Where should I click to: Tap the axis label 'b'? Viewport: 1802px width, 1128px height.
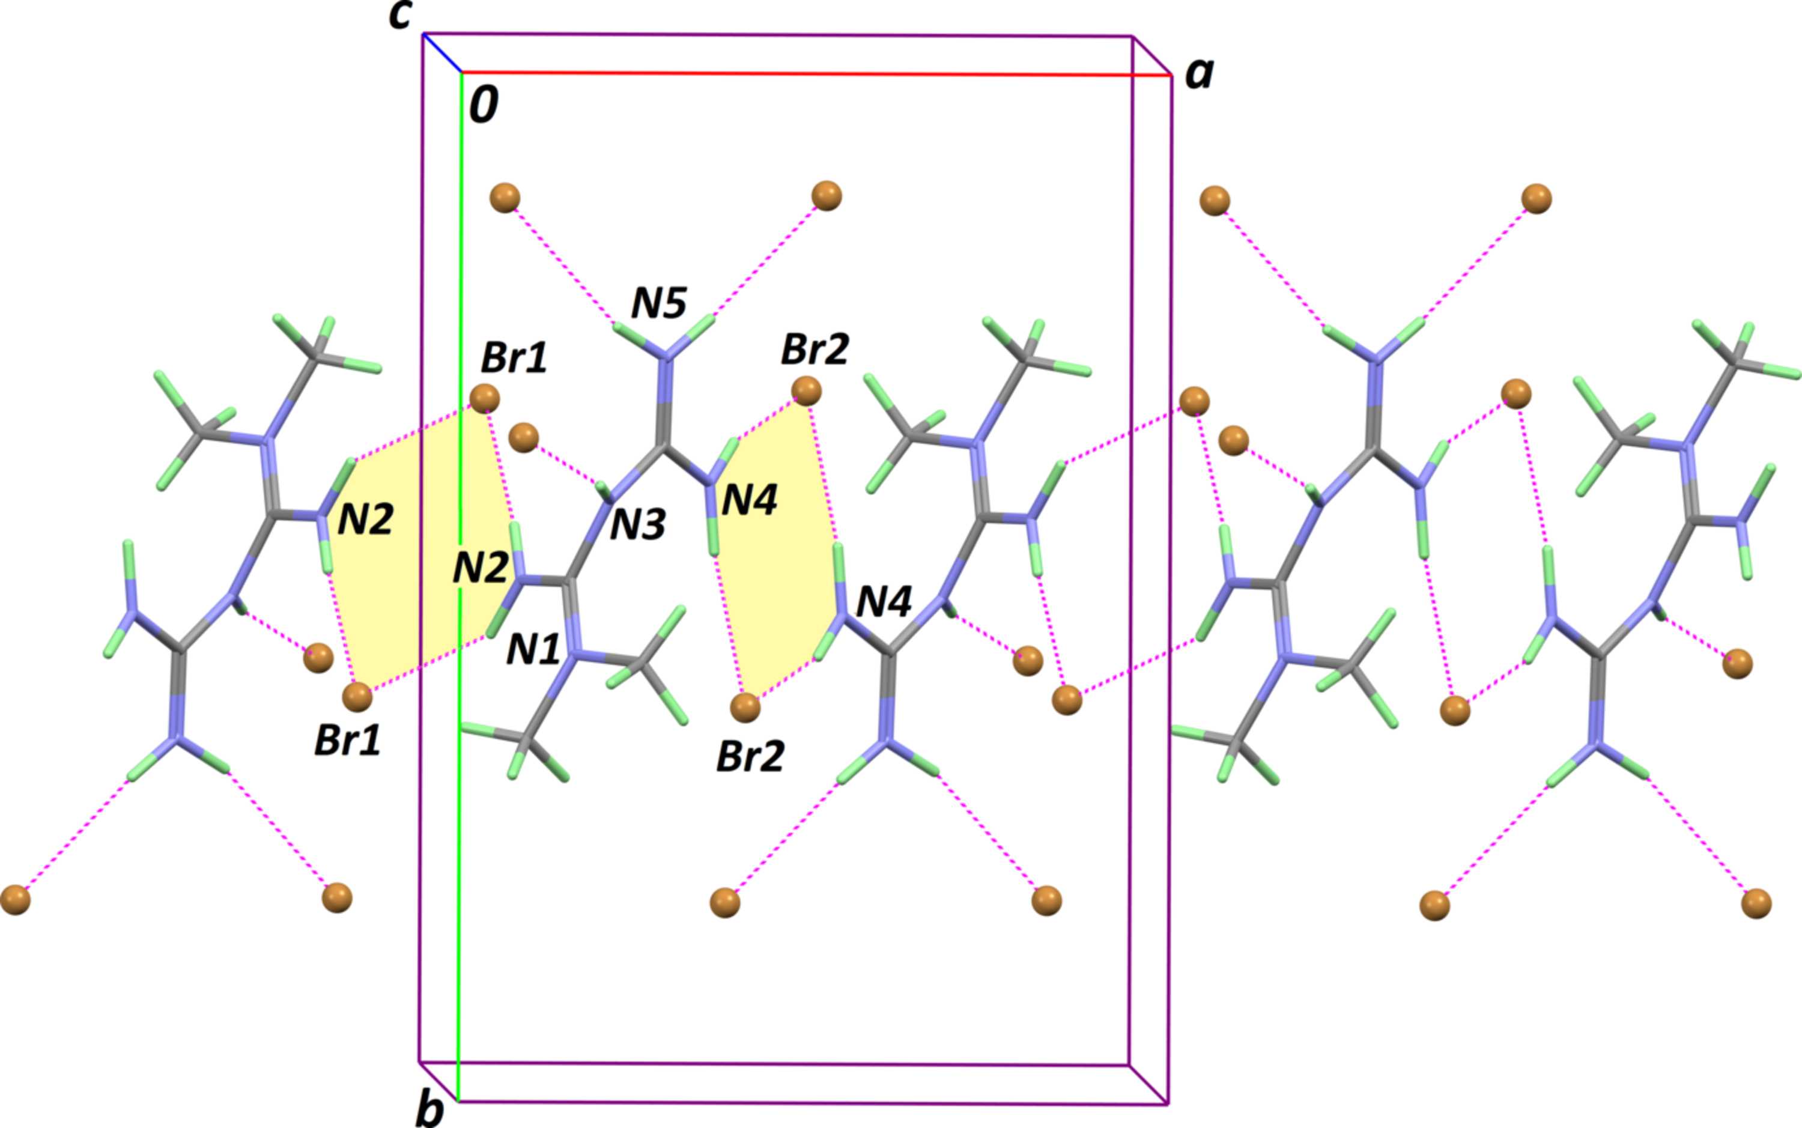(x=430, y=1110)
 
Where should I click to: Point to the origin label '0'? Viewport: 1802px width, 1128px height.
(x=484, y=105)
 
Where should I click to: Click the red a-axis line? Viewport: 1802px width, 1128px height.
(x=815, y=74)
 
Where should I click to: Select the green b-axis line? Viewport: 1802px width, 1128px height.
(x=460, y=586)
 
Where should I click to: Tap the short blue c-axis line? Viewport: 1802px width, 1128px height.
(x=441, y=53)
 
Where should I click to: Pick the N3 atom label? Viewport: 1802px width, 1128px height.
(x=638, y=526)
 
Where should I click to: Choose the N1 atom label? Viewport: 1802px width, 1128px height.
(x=533, y=650)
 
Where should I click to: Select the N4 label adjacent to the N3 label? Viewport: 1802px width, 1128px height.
(x=750, y=500)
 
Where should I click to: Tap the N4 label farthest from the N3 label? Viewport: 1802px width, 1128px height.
(x=884, y=601)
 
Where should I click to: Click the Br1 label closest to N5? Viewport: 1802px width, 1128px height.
(x=514, y=358)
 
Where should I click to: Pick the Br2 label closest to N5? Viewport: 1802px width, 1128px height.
(x=815, y=349)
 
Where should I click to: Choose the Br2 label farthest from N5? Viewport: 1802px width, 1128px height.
(x=750, y=756)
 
